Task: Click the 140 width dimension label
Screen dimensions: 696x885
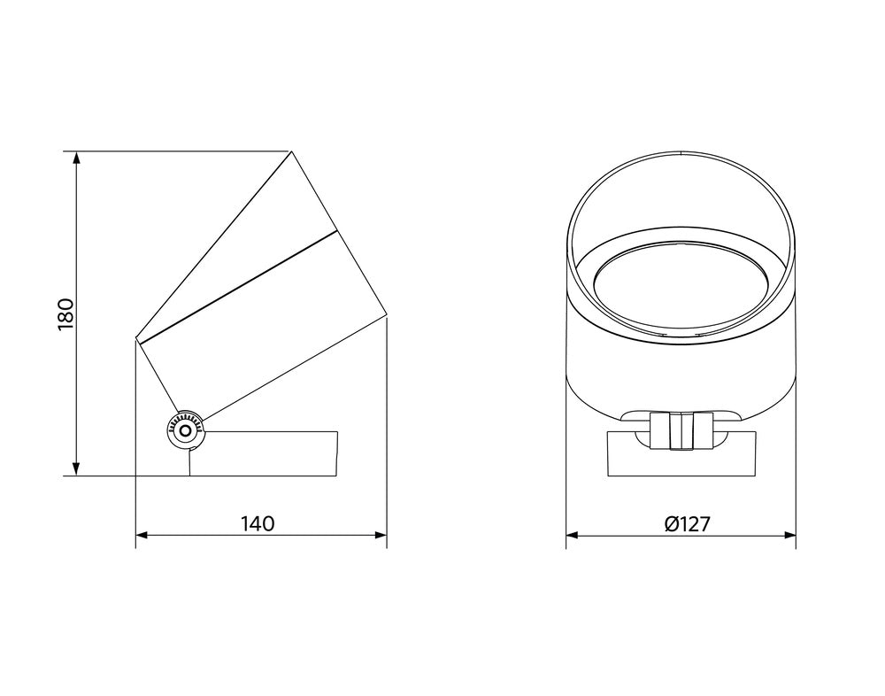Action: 258,523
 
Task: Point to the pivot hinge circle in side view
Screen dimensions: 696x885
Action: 185,429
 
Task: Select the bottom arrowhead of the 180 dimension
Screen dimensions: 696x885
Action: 77,469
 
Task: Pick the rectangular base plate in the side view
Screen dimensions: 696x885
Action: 265,453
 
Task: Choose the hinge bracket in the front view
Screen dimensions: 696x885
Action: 681,430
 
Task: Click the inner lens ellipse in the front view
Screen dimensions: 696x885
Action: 680,295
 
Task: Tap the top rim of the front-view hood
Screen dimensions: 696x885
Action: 680,155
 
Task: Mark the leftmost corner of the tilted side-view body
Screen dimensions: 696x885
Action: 135,339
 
